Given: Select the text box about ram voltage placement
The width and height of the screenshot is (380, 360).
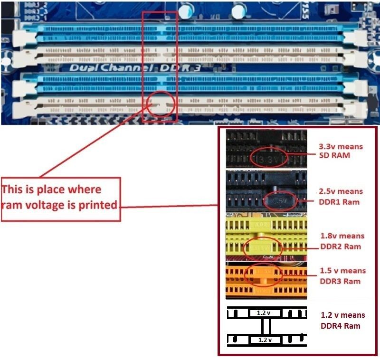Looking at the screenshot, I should coord(60,199).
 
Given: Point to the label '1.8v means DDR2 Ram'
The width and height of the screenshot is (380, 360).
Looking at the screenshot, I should coord(342,241).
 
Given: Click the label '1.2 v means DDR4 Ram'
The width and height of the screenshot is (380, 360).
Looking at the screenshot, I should coord(343,320).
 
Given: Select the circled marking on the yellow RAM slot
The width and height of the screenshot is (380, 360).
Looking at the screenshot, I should coord(263,247).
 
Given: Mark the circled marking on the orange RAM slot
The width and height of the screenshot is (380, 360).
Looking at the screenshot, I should coord(264,272).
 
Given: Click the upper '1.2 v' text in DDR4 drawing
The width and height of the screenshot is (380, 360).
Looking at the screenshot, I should coord(264,313).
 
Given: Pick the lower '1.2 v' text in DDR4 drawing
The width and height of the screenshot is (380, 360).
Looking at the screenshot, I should coord(264,340).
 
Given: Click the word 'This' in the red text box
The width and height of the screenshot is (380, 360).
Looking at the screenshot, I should coord(14,189).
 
